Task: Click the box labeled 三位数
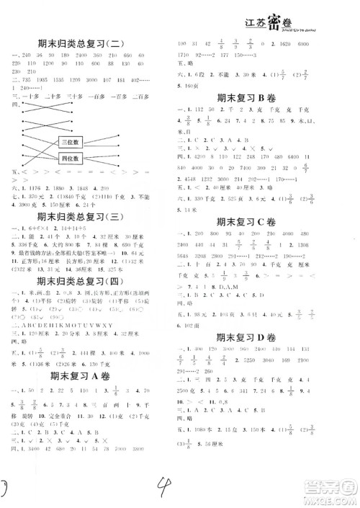click(x=72, y=141)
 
